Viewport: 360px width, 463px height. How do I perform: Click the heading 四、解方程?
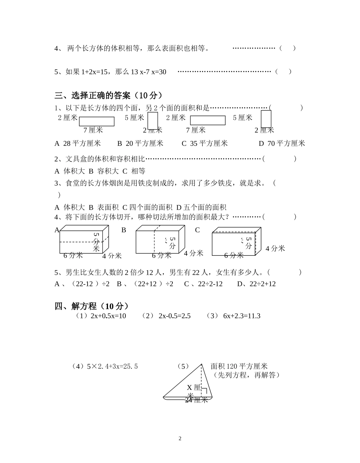[92, 306]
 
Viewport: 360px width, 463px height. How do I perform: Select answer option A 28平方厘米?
[78, 143]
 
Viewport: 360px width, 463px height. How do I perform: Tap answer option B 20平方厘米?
[140, 143]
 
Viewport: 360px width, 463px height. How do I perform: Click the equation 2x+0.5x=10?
[108, 316]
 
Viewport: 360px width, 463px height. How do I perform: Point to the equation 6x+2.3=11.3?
[241, 316]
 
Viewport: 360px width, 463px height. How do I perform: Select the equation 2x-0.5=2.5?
[174, 316]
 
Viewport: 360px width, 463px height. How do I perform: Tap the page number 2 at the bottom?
[180, 439]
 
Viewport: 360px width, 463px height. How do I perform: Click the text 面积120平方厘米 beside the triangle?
[239, 366]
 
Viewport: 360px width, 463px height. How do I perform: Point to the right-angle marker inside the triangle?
[204, 391]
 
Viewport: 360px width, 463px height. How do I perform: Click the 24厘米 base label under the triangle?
[197, 400]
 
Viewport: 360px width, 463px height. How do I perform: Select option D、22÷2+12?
[257, 284]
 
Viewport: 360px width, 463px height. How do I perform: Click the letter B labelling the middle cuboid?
[124, 230]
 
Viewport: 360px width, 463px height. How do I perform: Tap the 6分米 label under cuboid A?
[73, 255]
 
